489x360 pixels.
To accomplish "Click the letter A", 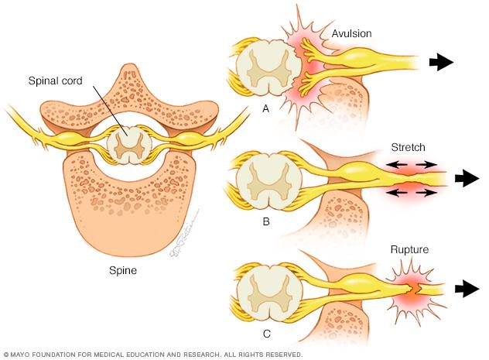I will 265,109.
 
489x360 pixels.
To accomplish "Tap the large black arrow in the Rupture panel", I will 467,290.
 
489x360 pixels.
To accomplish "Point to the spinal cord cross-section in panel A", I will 265,68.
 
